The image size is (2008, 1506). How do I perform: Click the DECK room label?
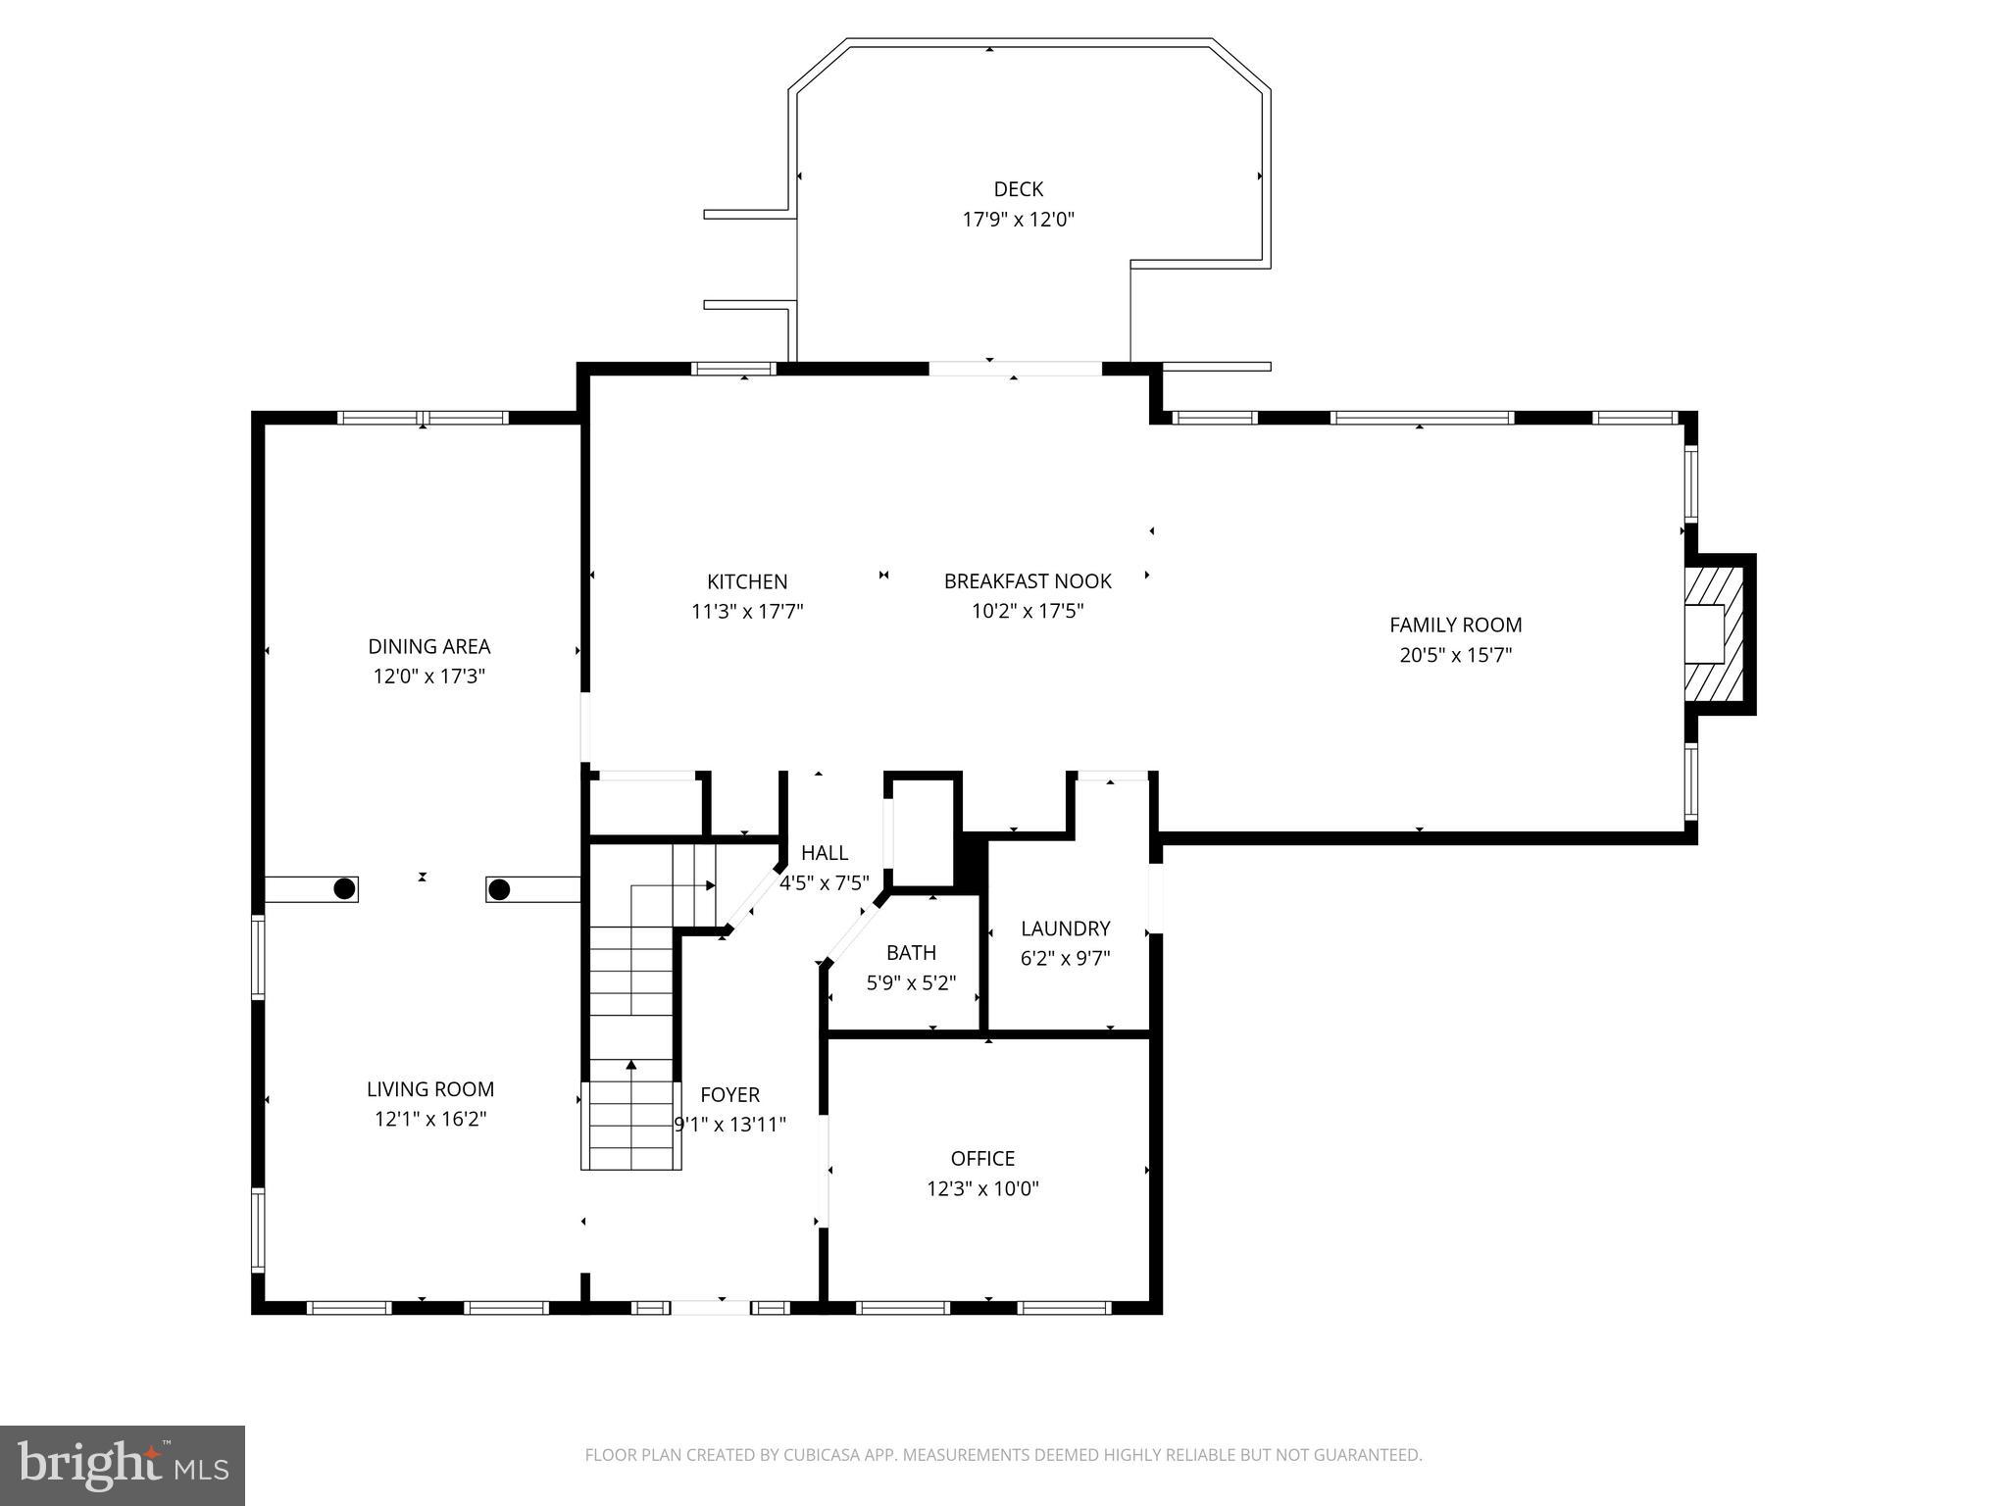coord(1018,189)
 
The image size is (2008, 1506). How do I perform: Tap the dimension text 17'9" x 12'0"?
coord(1018,220)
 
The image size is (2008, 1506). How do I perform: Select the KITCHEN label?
coord(747,581)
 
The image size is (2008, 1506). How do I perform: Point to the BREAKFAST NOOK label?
coord(1027,581)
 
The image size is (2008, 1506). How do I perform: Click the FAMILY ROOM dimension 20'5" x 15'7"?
coord(1455,655)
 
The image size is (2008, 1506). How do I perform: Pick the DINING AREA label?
coord(428,646)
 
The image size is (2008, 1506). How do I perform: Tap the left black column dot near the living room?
coord(344,888)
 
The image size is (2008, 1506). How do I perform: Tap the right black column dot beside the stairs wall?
coord(499,890)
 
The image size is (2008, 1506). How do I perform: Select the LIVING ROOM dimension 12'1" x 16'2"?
coord(430,1119)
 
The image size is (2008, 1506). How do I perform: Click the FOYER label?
coord(729,1094)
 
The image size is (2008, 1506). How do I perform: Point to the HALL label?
coord(824,853)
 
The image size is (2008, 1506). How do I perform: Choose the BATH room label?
coord(911,952)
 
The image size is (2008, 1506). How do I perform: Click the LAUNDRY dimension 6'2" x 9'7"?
coord(1065,958)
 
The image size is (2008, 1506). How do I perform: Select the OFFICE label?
coord(982,1158)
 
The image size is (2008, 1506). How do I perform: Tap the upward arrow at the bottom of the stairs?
coord(631,1064)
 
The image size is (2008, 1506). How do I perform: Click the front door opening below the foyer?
coord(710,1307)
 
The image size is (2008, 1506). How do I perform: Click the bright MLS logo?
coord(123,1465)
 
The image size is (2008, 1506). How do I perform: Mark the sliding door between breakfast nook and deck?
coord(1015,369)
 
